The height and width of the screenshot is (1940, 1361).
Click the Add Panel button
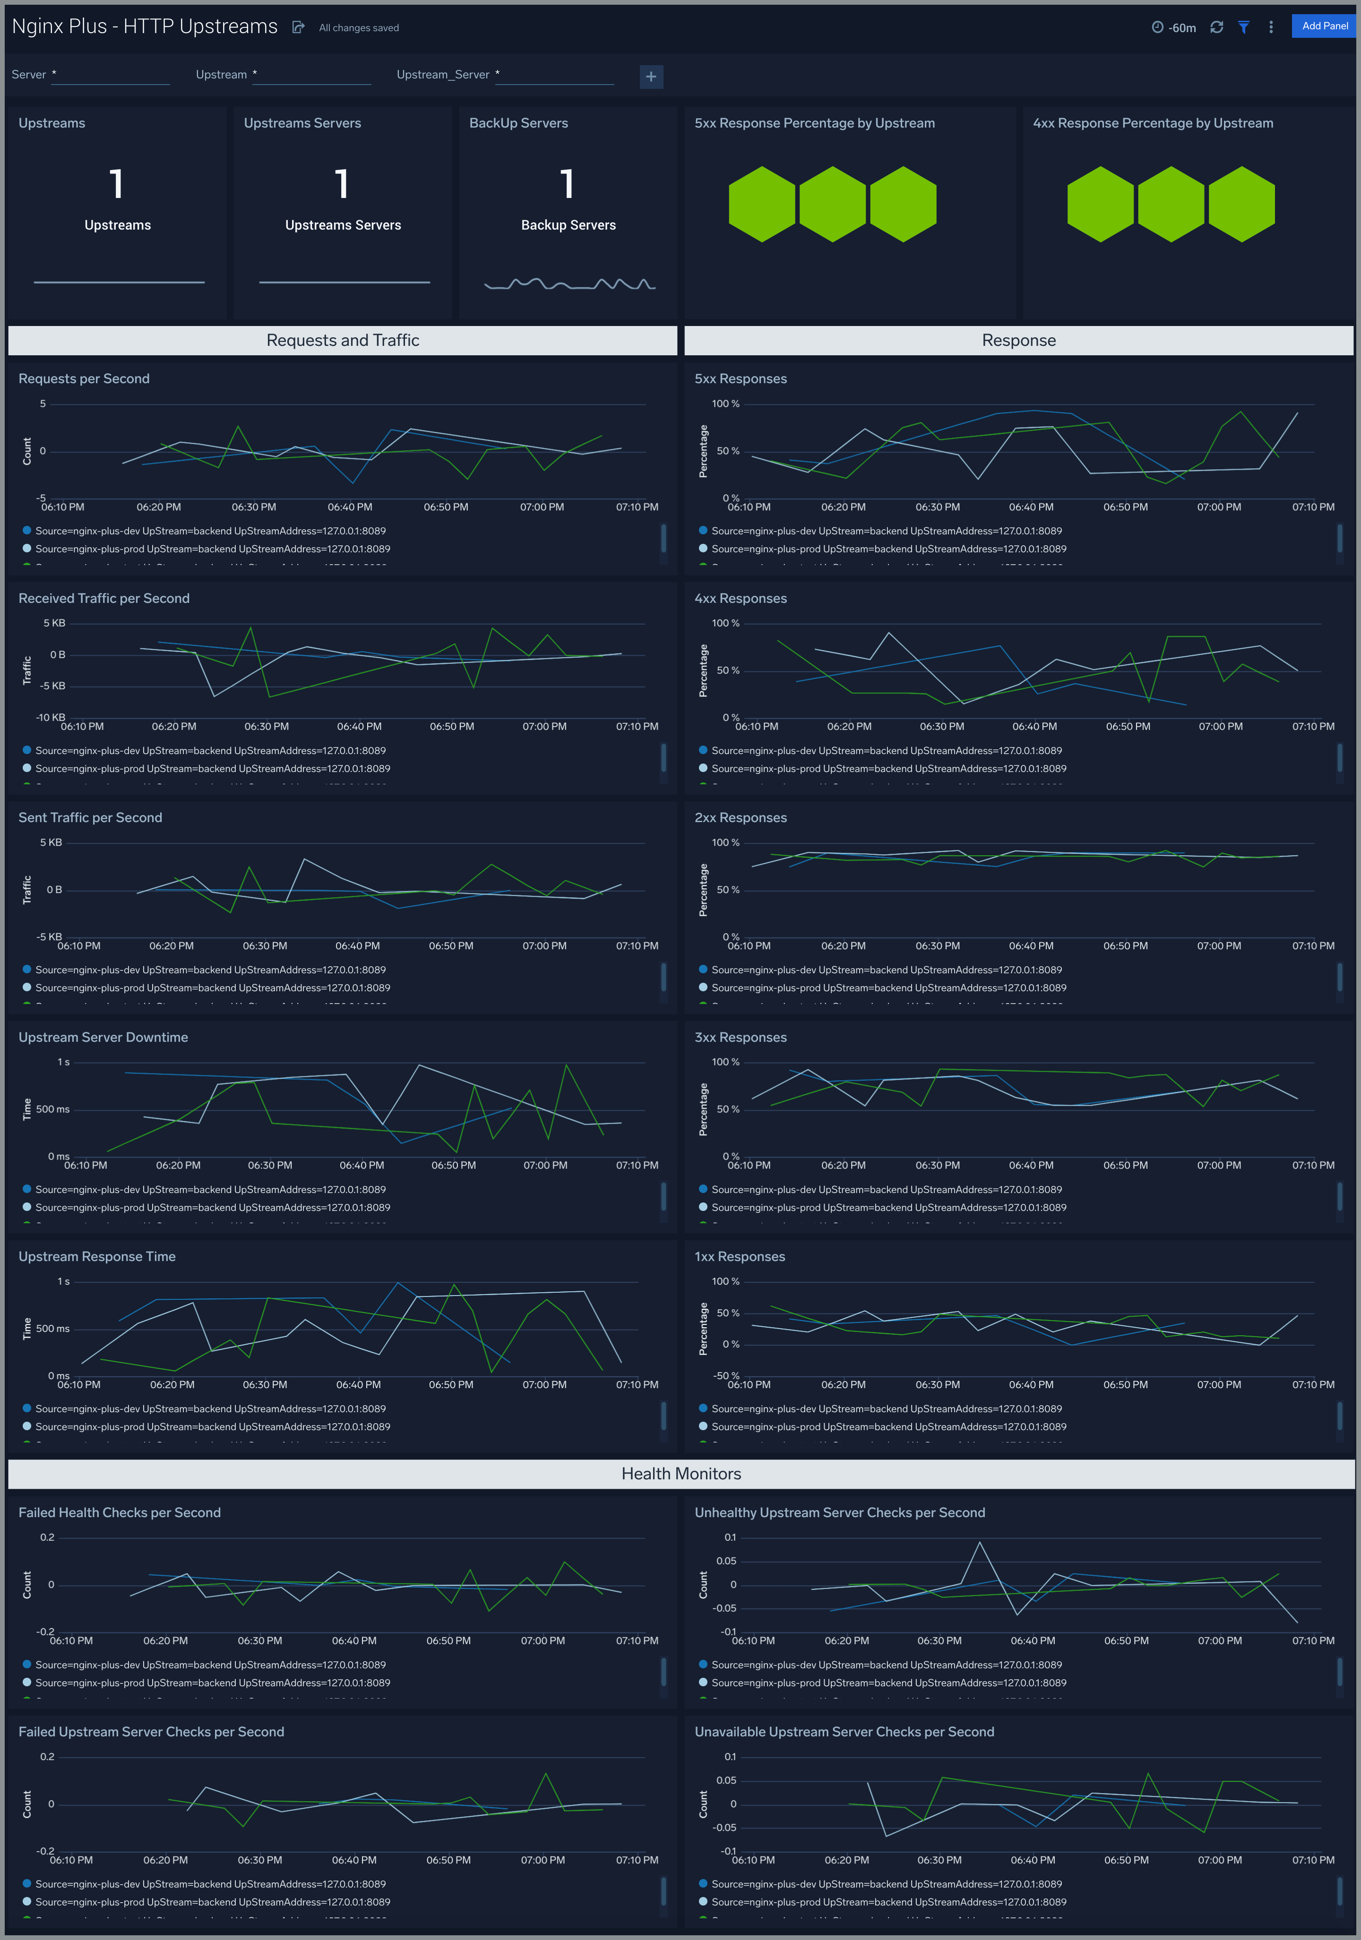click(x=1324, y=26)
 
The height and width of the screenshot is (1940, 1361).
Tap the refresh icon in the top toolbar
click(x=1216, y=27)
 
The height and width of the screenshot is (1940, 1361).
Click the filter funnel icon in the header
click(x=1243, y=27)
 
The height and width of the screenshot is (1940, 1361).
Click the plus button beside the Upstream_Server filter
click(x=651, y=77)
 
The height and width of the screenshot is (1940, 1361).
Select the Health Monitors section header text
click(x=680, y=1474)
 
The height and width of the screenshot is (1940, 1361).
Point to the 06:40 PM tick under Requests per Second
click(x=350, y=507)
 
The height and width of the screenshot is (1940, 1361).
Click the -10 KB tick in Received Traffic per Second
click(x=51, y=717)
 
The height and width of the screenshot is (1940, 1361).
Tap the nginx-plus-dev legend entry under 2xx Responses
click(x=886, y=970)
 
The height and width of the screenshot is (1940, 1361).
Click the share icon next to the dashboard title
click(x=298, y=27)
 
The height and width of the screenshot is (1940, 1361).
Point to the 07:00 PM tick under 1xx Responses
click(x=1219, y=1385)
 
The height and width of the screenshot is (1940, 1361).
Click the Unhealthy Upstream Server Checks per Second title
click(x=839, y=1512)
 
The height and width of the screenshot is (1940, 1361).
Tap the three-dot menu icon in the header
click(x=1271, y=27)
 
